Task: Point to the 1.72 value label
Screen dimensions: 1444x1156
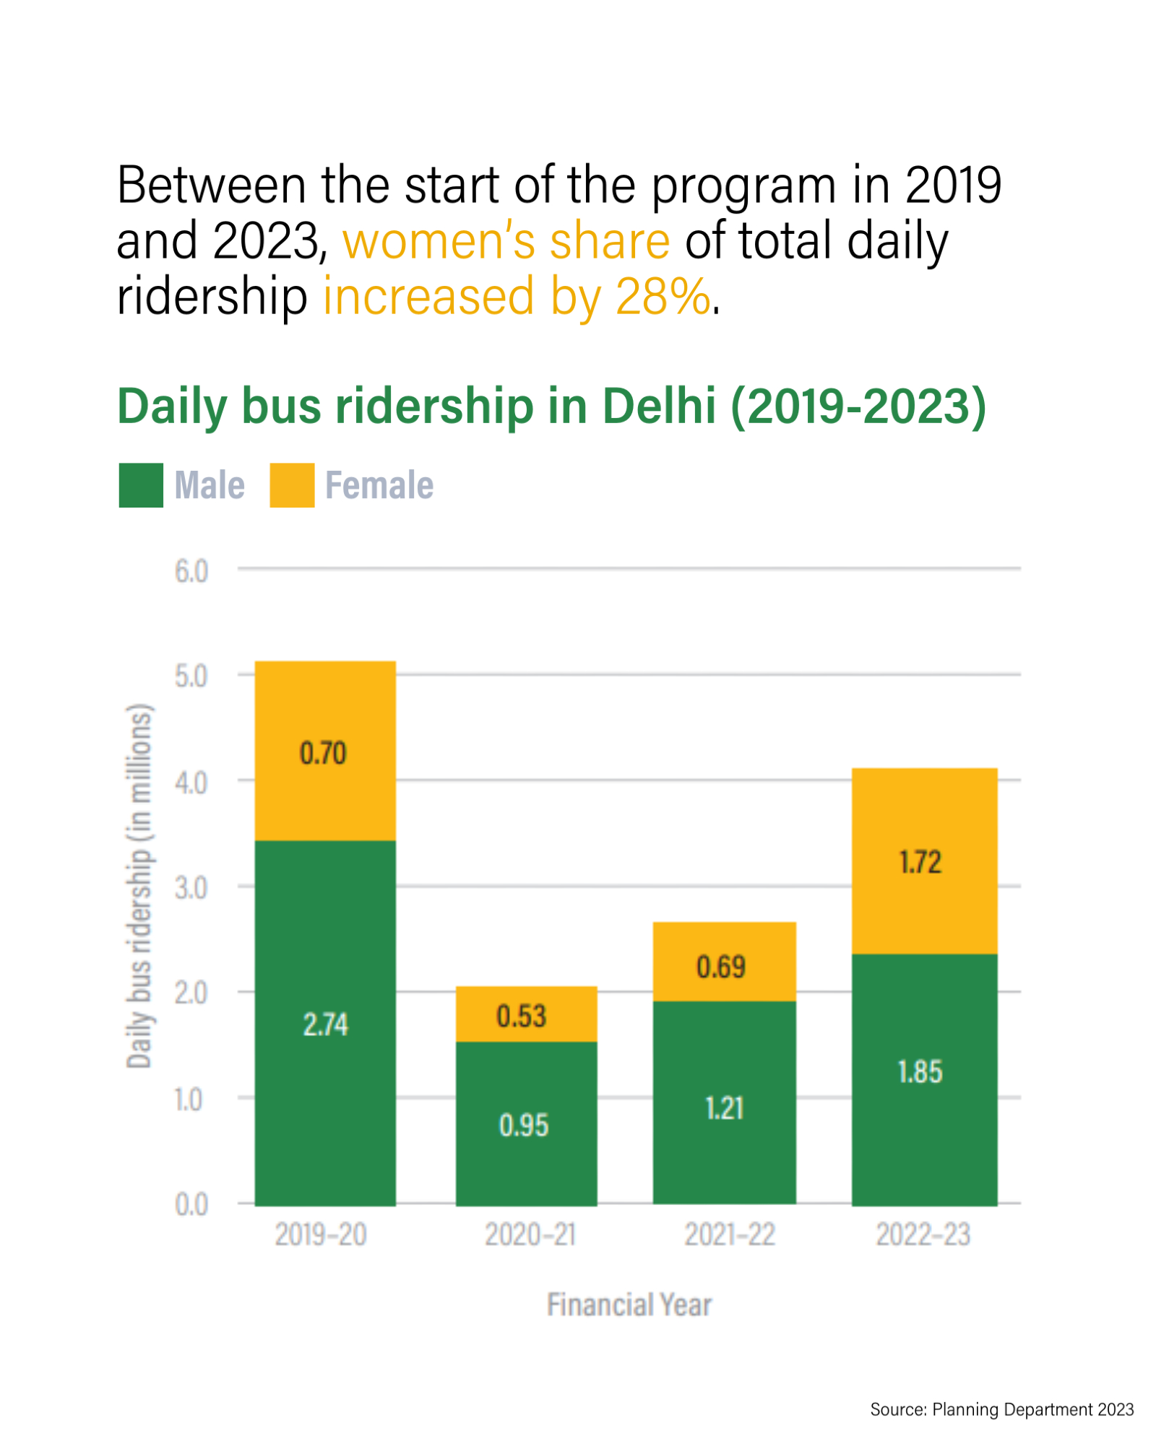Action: point(920,862)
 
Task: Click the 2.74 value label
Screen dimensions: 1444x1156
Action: point(325,1025)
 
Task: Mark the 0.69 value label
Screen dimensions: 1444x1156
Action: point(720,967)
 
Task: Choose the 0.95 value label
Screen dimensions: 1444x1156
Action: point(524,1126)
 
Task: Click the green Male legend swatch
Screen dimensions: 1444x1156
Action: point(141,485)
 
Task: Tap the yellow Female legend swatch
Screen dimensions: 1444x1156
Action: point(292,485)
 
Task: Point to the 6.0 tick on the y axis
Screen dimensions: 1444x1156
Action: point(191,572)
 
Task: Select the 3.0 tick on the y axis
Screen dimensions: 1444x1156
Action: point(191,888)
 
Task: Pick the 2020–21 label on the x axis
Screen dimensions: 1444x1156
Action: point(530,1235)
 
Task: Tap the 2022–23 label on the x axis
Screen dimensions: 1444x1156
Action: point(923,1235)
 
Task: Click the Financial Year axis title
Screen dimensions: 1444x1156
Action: point(629,1305)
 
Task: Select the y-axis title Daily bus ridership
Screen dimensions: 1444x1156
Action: point(139,885)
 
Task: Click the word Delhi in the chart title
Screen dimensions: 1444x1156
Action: point(659,406)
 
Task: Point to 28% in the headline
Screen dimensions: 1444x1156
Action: point(663,296)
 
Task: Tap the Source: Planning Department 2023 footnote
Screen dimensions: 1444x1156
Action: point(1001,1409)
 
